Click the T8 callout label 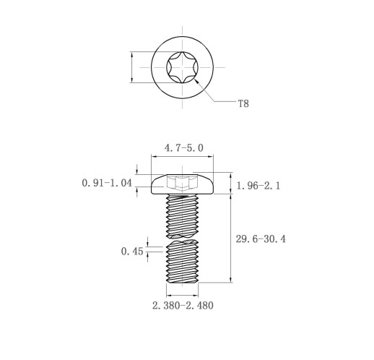[243, 104]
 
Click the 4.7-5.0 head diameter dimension [184, 148]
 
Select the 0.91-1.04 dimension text [107, 183]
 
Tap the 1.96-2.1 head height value [258, 186]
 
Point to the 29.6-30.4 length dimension [261, 239]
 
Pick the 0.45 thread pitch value [132, 252]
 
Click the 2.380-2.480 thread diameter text [183, 306]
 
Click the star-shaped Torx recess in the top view [182, 67]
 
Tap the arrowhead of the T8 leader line [196, 81]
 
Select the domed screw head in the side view [182, 184]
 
